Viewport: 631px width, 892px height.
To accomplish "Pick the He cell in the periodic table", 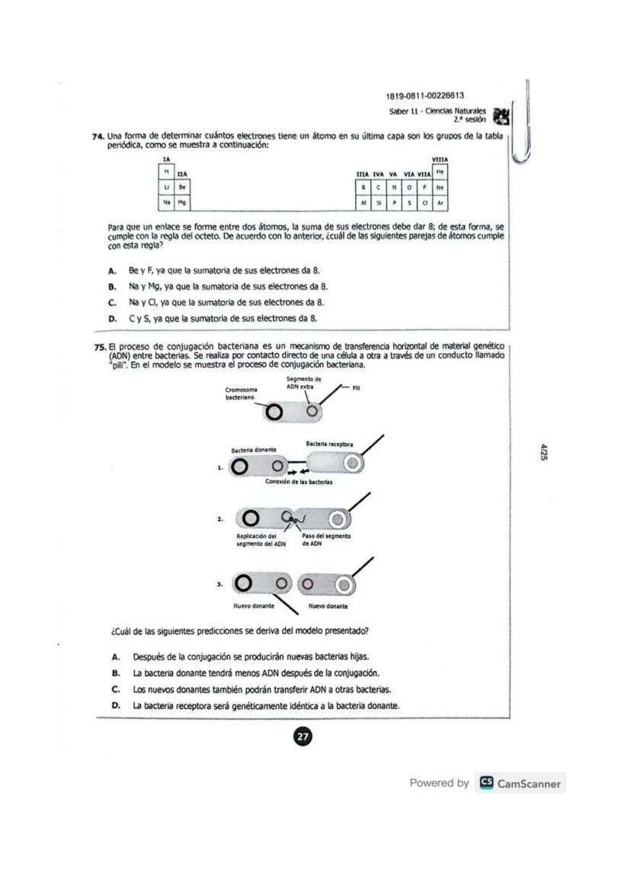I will pos(440,173).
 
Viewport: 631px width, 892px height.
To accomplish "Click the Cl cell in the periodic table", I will pos(425,204).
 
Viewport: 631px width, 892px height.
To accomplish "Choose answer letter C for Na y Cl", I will pos(112,302).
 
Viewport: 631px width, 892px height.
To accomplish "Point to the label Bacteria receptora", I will pos(329,444).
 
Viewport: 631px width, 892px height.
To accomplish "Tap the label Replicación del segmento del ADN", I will pos(255,540).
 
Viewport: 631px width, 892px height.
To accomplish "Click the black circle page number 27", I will pos(303,736).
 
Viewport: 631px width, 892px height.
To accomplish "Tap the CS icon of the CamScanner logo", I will pos(485,783).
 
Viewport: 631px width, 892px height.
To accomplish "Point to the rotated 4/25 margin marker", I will pos(544,451).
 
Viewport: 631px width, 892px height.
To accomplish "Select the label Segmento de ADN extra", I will pos(304,383).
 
